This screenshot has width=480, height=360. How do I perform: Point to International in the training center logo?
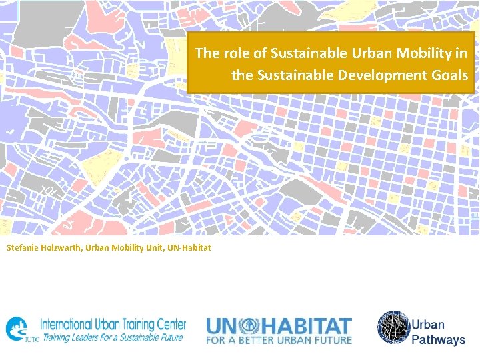pos(69,325)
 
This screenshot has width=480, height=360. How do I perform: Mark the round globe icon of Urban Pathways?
pos(393,327)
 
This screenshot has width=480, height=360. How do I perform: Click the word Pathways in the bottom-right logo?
pos(438,339)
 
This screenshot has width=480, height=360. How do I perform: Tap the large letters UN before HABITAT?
pos(223,325)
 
